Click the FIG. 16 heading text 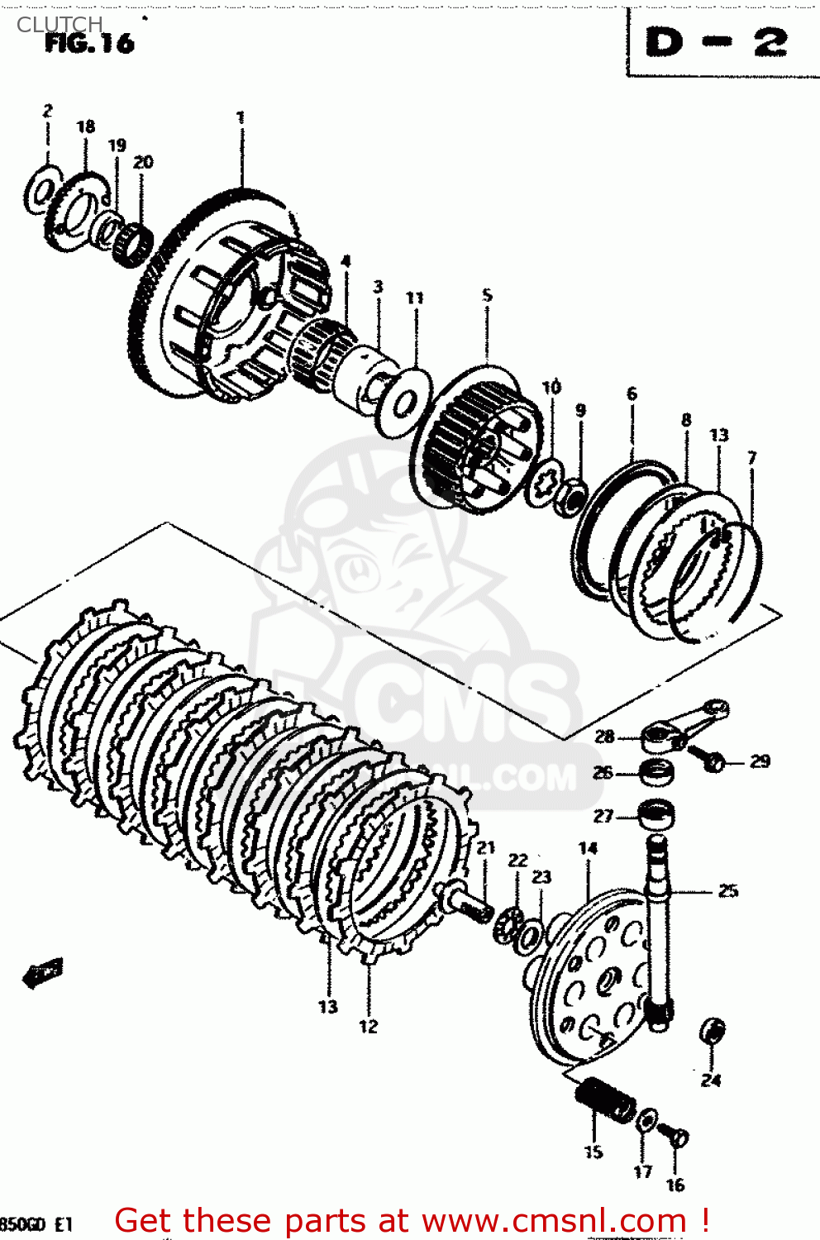pos(89,43)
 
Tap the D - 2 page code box pos(717,43)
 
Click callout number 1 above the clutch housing pos(241,117)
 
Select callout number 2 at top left pos(48,111)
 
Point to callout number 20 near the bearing pos(143,162)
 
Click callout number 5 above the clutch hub pos(487,295)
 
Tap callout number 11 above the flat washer pos(415,298)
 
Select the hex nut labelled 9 pos(570,497)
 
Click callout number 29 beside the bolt pos(760,761)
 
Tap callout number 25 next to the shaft pos(727,890)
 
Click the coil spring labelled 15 pos(606,1099)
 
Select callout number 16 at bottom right pos(675,1185)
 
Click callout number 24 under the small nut pos(711,1080)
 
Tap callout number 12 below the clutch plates pos(368,1027)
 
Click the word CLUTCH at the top pos(60,24)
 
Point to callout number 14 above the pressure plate pos(588,848)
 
